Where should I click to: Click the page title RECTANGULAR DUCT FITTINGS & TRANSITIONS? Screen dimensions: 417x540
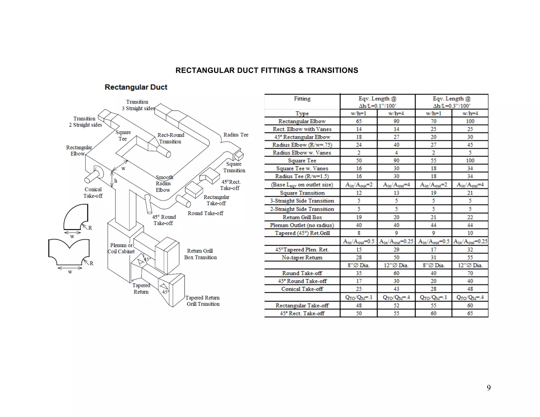coord(267,70)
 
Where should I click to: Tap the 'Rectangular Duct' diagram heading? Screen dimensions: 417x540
coord(136,87)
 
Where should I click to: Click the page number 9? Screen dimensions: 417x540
coord(489,388)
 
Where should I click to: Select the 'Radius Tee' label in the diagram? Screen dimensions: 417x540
coord(236,135)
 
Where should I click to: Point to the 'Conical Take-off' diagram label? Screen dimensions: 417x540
coord(93,193)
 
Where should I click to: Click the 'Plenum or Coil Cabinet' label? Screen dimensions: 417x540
coord(121,248)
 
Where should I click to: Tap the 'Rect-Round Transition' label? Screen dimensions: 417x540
coord(171,138)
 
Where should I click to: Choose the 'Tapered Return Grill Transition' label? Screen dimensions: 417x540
coord(202,301)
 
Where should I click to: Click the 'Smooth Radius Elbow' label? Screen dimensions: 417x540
coord(163,183)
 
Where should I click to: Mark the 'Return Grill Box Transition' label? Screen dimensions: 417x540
coord(200,254)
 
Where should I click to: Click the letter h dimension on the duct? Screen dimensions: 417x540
coord(116,181)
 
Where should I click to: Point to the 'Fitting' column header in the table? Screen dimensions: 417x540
coord(302,99)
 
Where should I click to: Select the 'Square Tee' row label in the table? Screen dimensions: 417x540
coord(302,161)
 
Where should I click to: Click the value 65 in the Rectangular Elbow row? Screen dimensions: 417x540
coord(359,121)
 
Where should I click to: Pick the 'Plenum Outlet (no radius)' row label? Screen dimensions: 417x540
coord(302,225)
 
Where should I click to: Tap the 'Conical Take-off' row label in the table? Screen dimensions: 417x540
coord(302,289)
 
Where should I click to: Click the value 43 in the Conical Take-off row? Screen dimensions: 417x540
coord(396,289)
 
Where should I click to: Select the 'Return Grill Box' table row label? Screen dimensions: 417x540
coord(302,217)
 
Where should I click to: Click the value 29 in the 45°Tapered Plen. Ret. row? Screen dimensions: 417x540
coord(396,250)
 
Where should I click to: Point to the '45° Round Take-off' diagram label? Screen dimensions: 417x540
coord(164,220)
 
